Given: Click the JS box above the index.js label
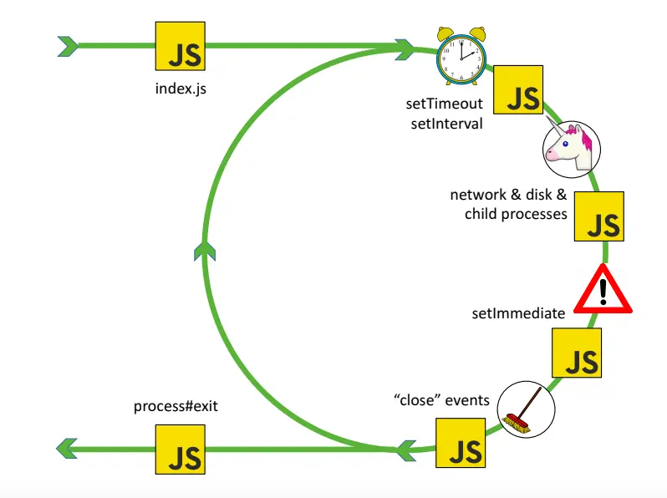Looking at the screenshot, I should point(181,46).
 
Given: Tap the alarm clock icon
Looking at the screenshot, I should point(461,55).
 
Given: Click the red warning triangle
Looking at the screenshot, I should point(602,290).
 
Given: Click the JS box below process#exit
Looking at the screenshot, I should point(181,449).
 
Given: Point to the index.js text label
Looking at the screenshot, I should point(181,88).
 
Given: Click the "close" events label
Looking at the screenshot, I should point(441,400).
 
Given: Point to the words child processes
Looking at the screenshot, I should point(516,214).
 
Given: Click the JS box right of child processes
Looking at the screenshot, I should point(599,216).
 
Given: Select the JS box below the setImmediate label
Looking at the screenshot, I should point(577,353).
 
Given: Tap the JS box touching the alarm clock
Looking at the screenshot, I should point(518,89).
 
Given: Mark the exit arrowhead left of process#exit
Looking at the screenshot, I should point(67,449).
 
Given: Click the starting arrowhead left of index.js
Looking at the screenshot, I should point(69,45).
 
